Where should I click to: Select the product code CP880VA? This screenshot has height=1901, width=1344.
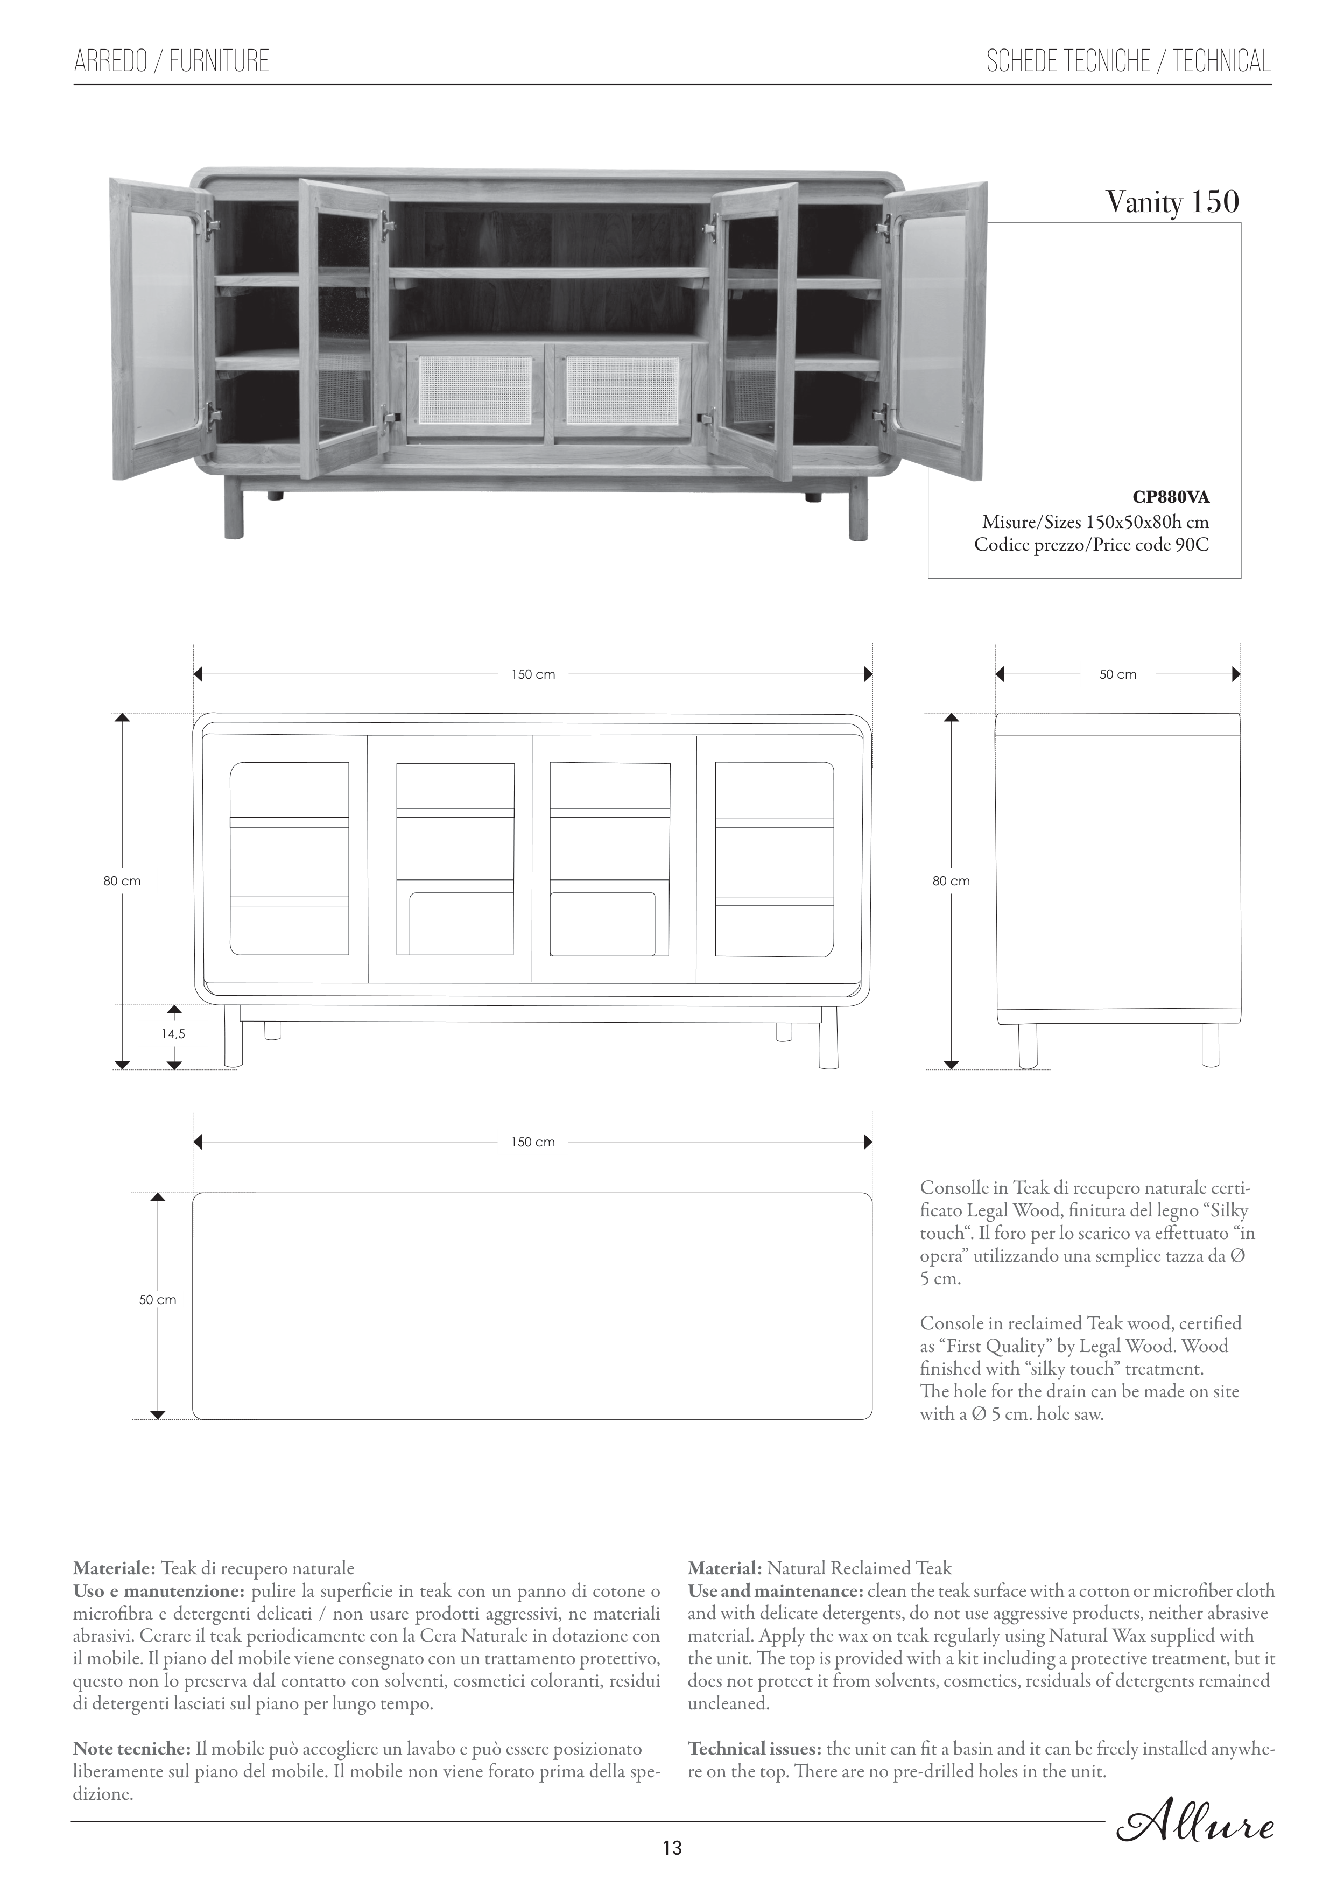pyautogui.click(x=1171, y=498)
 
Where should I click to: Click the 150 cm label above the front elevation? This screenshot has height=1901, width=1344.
pyautogui.click(x=532, y=675)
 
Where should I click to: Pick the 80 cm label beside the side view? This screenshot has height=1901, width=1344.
pyautogui.click(x=951, y=881)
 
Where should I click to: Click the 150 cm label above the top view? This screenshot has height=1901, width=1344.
pyautogui.click(x=532, y=1143)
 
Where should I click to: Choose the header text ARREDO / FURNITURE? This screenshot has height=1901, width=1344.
pyautogui.click(x=171, y=61)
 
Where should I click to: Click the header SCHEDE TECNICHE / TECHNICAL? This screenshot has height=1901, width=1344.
pyautogui.click(x=1128, y=61)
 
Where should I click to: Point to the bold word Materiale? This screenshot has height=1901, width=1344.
pyautogui.click(x=114, y=1568)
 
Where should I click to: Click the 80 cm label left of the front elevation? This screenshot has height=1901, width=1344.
pyautogui.click(x=122, y=881)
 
